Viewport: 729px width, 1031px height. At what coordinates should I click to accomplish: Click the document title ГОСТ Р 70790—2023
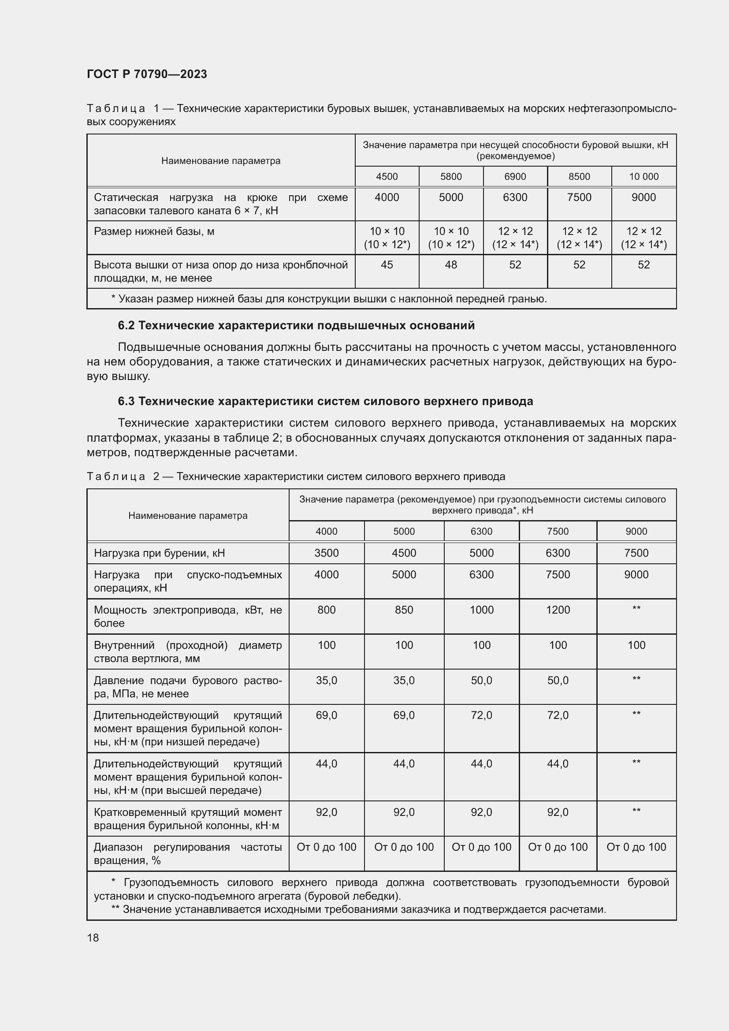tap(147, 74)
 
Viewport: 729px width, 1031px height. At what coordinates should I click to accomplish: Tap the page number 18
tap(93, 938)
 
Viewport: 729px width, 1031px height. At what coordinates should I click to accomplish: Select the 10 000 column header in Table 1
tap(643, 176)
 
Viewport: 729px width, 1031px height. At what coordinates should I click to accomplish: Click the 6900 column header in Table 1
tap(515, 176)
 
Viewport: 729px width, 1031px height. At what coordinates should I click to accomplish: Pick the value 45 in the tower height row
tap(387, 265)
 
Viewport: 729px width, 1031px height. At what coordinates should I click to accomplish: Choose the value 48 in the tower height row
tap(451, 265)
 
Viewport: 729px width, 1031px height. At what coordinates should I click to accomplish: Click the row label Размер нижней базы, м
tap(154, 231)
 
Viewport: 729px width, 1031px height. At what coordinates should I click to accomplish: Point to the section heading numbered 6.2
tap(296, 326)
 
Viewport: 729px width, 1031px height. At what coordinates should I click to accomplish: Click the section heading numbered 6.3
tap(325, 401)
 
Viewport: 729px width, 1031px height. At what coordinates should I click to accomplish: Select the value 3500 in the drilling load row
tap(326, 553)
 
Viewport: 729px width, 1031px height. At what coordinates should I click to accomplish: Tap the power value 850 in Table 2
tap(404, 610)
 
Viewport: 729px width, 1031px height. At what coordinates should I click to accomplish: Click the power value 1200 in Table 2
tap(558, 610)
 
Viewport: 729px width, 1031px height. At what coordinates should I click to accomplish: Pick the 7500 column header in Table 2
tap(558, 531)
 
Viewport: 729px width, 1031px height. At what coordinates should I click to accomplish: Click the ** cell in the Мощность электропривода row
tap(636, 609)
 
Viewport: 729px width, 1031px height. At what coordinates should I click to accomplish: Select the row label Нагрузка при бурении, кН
tap(160, 553)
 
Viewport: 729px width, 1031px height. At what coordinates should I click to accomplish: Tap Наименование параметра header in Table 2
tap(188, 516)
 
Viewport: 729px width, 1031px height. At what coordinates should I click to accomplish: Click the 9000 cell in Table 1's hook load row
tap(643, 197)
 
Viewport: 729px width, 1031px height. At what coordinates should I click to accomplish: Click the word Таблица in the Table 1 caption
tap(116, 109)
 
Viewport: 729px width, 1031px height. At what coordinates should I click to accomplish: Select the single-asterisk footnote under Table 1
tap(329, 298)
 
